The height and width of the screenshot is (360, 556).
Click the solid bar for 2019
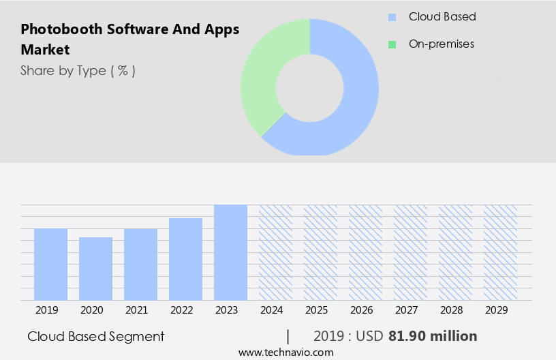coord(50,265)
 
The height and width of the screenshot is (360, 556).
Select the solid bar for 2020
coord(95,269)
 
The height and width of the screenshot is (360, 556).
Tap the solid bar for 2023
coord(230,252)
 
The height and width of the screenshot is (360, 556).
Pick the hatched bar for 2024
coord(275,252)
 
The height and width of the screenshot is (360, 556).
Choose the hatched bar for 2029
coord(500,252)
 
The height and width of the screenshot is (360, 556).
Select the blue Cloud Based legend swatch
coord(392,17)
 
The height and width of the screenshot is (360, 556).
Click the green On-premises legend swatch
coord(392,44)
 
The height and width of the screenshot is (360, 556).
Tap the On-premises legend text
coord(441,44)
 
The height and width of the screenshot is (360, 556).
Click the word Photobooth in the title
coord(61,29)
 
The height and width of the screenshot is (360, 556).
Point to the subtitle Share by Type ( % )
coord(78,70)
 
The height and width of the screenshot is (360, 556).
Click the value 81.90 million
coord(433,336)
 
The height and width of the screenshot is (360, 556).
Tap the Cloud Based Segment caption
coord(96,336)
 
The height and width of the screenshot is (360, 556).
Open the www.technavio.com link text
coord(286,352)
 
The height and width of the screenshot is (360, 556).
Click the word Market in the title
coord(45,50)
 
